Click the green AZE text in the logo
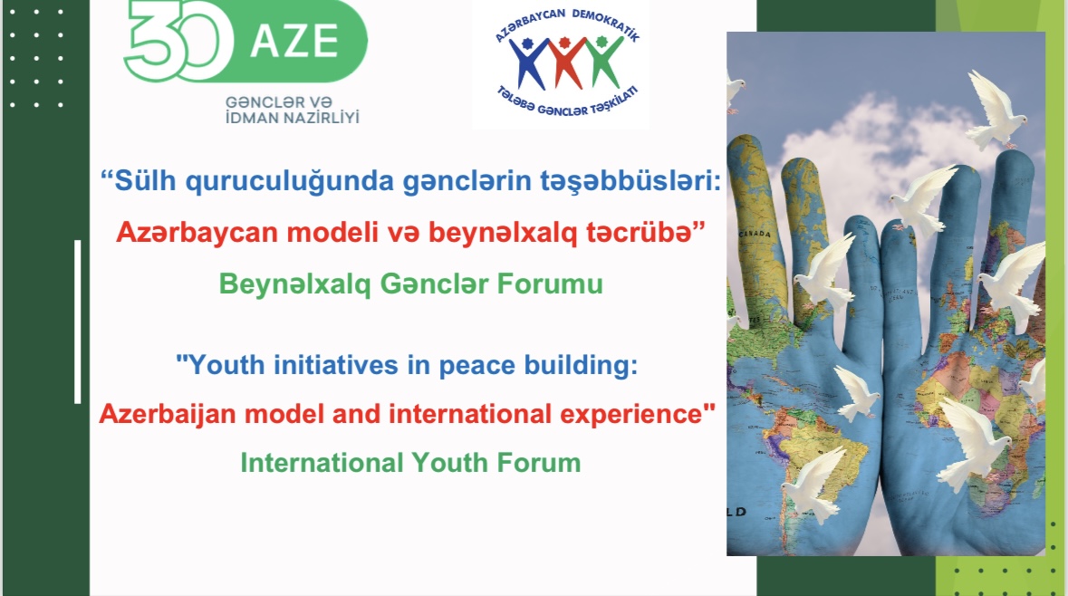pos(294,41)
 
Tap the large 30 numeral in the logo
pos(174,41)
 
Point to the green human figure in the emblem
pos(602,62)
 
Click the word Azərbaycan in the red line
pos(197,233)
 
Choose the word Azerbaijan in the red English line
pos(168,414)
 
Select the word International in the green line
pos(322,463)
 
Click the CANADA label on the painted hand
pos(756,235)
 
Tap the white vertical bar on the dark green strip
pos(78,322)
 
